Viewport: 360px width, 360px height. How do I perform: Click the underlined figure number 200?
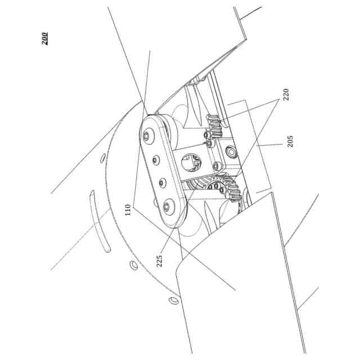[44, 38]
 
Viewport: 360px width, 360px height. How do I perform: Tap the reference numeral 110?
[129, 210]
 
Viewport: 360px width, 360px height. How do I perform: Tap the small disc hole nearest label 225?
[134, 264]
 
